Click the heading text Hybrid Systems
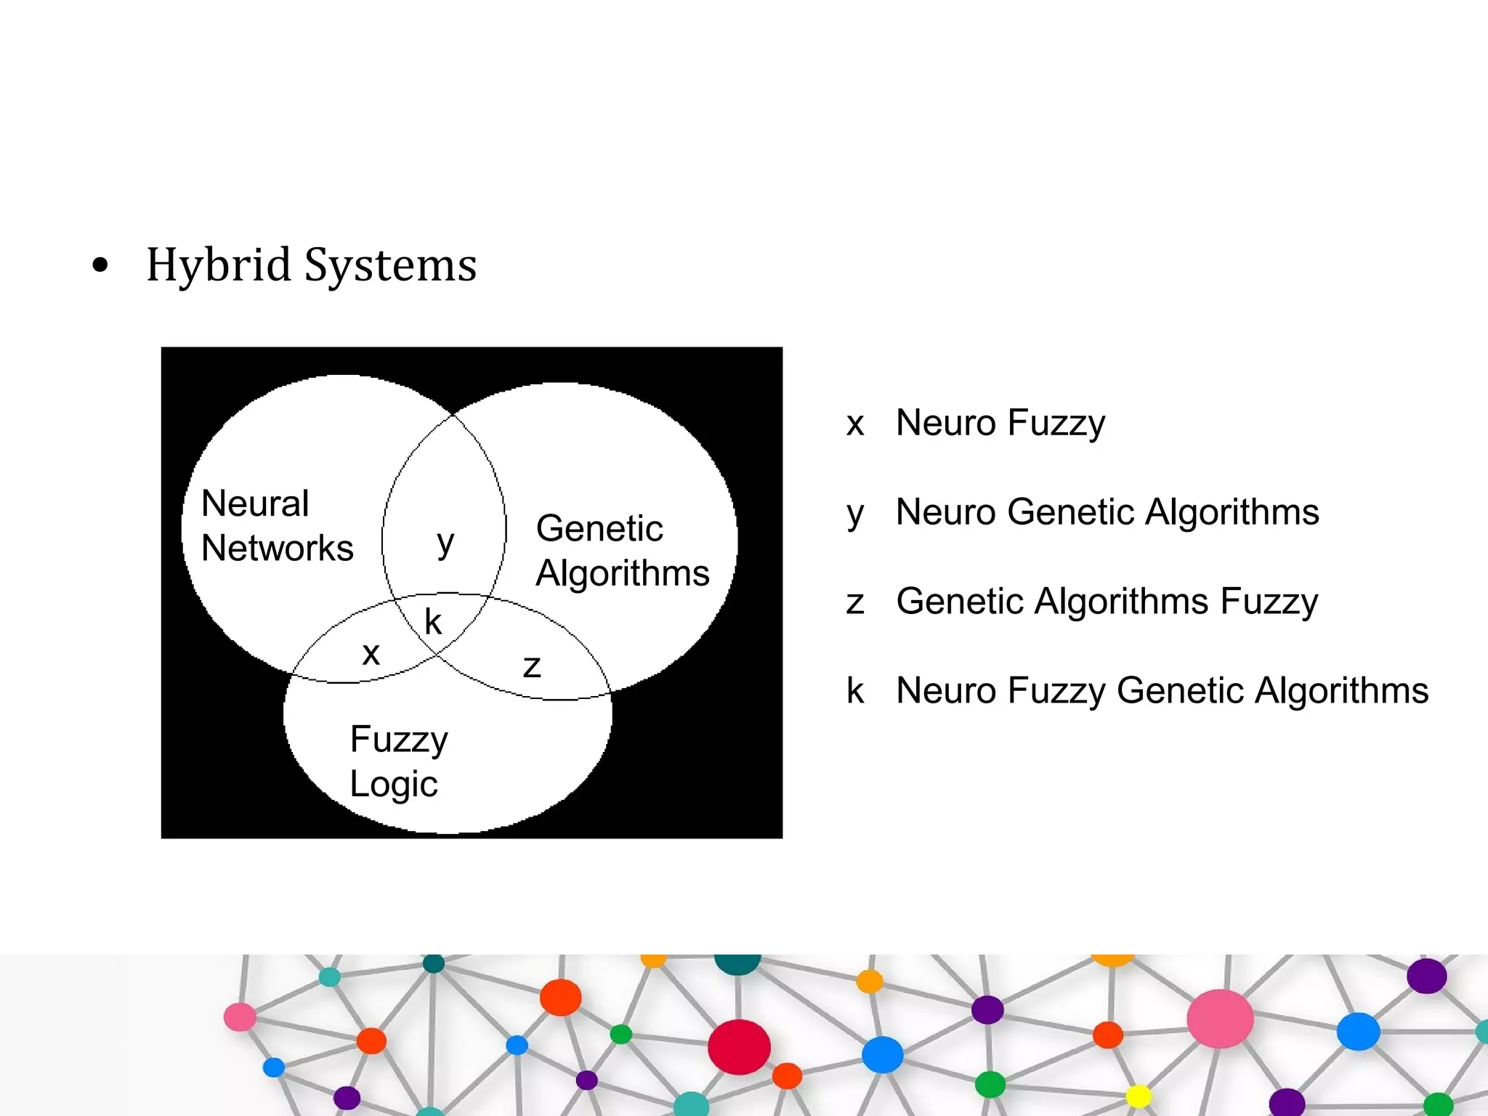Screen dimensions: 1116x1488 pos(311,265)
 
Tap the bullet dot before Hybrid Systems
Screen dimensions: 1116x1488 pos(101,266)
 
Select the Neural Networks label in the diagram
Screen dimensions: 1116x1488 pos(277,525)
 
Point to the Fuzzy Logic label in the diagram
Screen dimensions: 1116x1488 pos(398,761)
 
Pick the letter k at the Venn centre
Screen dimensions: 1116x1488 pos(433,622)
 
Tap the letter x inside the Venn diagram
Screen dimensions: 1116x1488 pos(371,654)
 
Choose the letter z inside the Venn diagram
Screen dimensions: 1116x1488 pos(532,666)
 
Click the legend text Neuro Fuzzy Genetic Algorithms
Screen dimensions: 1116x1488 pos(1162,690)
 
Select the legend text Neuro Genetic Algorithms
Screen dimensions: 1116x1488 pos(1107,512)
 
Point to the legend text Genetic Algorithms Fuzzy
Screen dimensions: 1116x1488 pos(1107,602)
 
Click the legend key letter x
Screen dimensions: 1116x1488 pos(855,424)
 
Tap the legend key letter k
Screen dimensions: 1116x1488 pos(855,690)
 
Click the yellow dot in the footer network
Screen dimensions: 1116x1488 pos(1138,1096)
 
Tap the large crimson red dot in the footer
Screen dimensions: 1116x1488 pos(739,1047)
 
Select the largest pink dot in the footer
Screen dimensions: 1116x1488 pos(1220,1019)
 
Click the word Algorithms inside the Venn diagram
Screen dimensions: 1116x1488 pos(622,573)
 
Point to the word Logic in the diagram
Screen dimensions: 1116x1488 pos(394,785)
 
